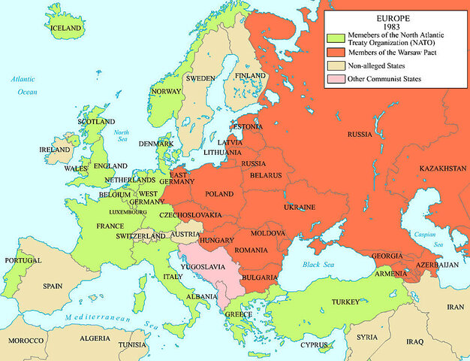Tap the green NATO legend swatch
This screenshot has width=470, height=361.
(333, 38)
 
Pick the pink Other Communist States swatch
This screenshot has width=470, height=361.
(333, 79)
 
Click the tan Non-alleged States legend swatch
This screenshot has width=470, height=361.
(333, 65)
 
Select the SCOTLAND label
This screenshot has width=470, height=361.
(96, 121)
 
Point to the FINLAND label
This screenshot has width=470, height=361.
(250, 76)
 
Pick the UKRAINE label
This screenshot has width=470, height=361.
(298, 207)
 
